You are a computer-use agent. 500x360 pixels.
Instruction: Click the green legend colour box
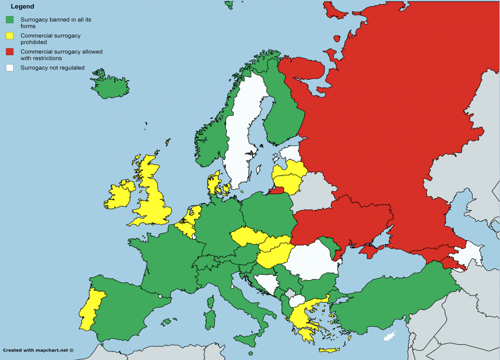[10, 20]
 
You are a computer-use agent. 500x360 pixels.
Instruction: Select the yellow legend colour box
[10, 36]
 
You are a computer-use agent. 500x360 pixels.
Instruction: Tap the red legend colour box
[10, 52]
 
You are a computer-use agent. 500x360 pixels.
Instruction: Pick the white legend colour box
[10, 67]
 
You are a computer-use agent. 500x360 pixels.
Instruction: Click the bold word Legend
[22, 7]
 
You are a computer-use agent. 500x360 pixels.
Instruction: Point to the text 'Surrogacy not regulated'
[52, 67]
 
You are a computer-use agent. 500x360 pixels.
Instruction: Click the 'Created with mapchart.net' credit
[38, 350]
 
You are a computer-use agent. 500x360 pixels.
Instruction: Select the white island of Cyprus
[390, 335]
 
